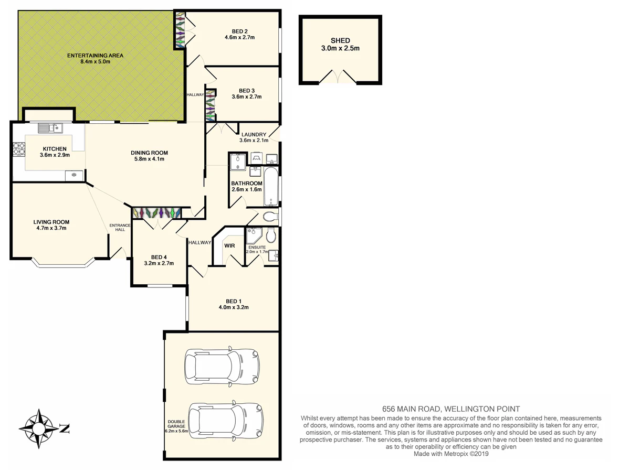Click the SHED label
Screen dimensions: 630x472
[340, 41]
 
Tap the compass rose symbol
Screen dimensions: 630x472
[39, 428]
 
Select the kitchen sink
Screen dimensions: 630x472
[50, 128]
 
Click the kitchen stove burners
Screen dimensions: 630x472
[19, 149]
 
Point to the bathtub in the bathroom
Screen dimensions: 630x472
[271, 187]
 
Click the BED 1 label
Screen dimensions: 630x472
[234, 301]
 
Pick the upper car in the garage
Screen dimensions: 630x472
[222, 367]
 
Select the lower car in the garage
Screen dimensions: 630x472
[226, 421]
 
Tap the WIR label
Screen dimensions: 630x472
[229, 245]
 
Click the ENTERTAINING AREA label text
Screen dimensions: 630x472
[96, 55]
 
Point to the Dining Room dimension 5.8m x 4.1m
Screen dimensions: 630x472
[149, 159]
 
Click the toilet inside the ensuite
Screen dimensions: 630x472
[271, 235]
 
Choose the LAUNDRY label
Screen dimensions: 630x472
[254, 134]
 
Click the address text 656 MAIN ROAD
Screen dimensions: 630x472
[411, 409]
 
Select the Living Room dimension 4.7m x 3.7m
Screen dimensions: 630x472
[51, 228]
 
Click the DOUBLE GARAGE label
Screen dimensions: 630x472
[176, 424]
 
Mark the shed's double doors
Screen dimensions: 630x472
[338, 77]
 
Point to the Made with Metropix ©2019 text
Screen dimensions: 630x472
[451, 454]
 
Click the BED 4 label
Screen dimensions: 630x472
[159, 257]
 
